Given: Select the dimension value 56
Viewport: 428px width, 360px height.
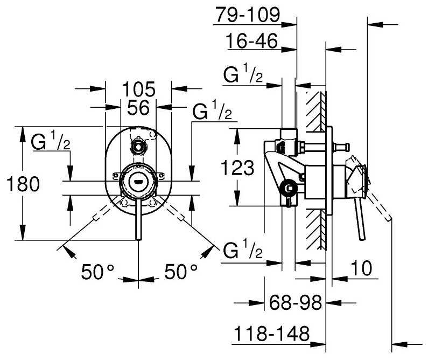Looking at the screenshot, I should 138,108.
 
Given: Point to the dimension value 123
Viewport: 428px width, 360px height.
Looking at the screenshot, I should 237,168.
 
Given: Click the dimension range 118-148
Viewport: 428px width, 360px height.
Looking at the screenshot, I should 271,335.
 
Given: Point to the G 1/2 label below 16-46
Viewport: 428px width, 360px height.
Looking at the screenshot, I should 243,76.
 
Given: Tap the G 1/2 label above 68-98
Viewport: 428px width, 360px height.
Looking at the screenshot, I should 243,252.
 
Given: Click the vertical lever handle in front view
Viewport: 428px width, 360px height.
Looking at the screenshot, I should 138,221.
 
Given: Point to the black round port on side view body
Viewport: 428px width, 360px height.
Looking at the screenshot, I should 289,188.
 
